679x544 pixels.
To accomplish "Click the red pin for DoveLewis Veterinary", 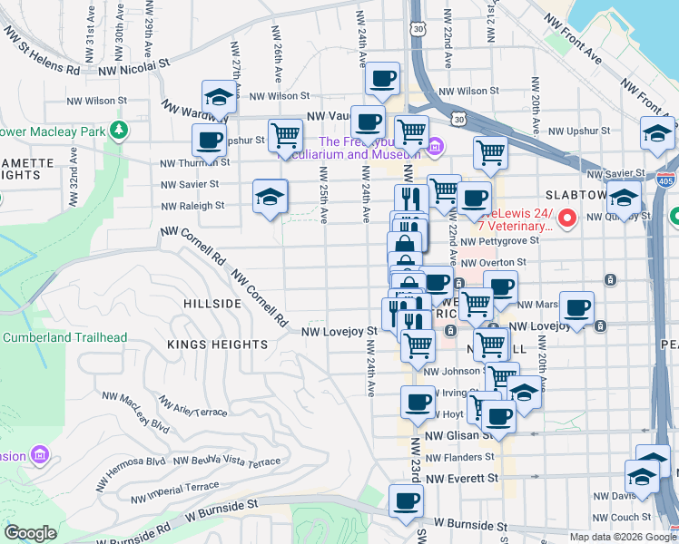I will (x=568, y=218).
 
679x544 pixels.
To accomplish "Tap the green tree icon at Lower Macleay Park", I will (x=118, y=131).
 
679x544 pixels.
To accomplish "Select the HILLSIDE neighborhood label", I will (x=212, y=304).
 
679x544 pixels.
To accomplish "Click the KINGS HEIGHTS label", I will (x=217, y=345).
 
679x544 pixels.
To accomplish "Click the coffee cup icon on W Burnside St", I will (x=407, y=500).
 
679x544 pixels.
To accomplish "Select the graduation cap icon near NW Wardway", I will (x=219, y=97).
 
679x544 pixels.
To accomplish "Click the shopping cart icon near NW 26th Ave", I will (x=285, y=135).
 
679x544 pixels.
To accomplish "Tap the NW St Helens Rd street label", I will (x=41, y=54).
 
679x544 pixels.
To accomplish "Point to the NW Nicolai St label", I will (x=133, y=65).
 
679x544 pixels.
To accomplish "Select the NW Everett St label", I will (x=462, y=478).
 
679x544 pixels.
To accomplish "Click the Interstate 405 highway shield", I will (x=666, y=180).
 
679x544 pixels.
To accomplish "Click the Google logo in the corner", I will (x=31, y=533).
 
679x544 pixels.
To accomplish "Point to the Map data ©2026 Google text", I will (x=623, y=537).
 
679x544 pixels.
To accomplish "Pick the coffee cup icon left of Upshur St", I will (x=209, y=141).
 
